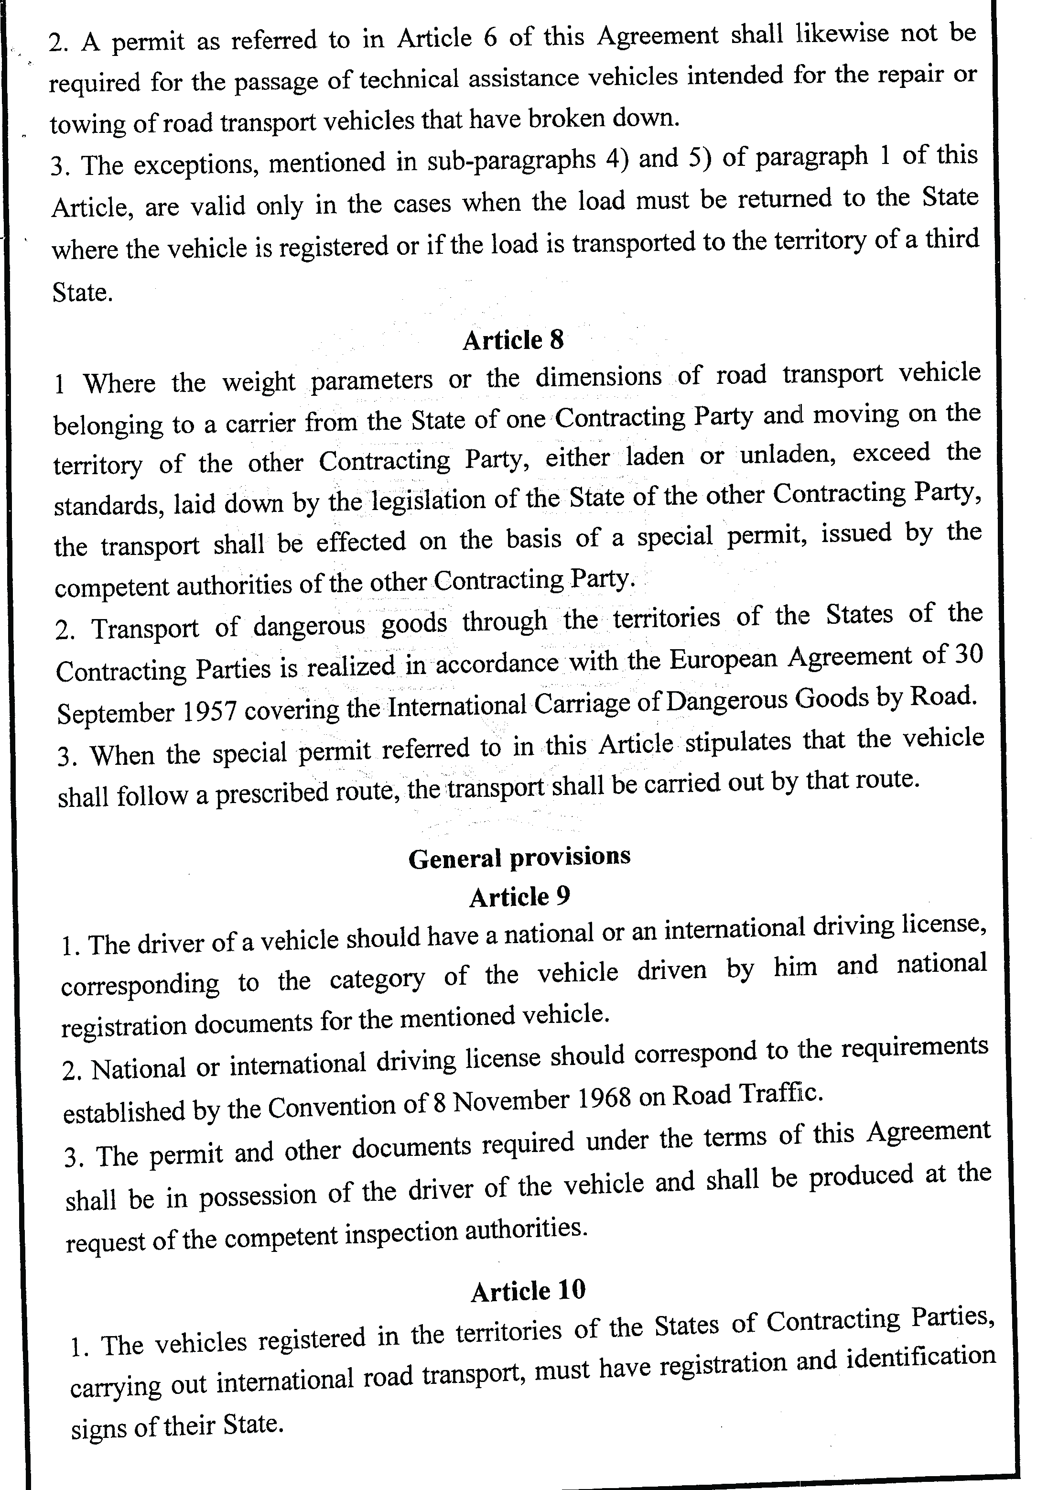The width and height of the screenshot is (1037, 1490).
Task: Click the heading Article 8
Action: tap(513, 340)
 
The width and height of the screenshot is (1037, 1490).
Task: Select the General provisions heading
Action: tap(519, 857)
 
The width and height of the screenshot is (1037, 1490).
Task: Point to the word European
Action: tap(723, 659)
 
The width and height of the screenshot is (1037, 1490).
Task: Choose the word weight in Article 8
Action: tap(258, 381)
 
